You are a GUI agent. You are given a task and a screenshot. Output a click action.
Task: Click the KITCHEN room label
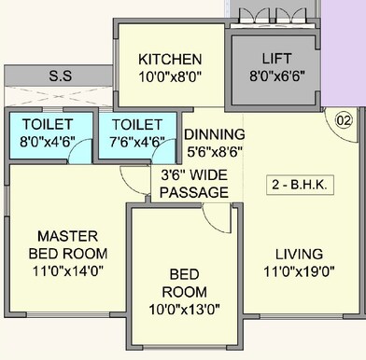coord(168,57)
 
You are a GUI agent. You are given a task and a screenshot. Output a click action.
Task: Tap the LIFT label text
coord(276,57)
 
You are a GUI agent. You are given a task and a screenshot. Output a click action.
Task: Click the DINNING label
coord(214,133)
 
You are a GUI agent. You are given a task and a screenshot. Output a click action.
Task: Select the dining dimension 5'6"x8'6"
coord(214,152)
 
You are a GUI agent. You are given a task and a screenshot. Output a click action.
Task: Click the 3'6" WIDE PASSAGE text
coord(195,183)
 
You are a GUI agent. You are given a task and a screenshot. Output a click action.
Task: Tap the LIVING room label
coord(299,253)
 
